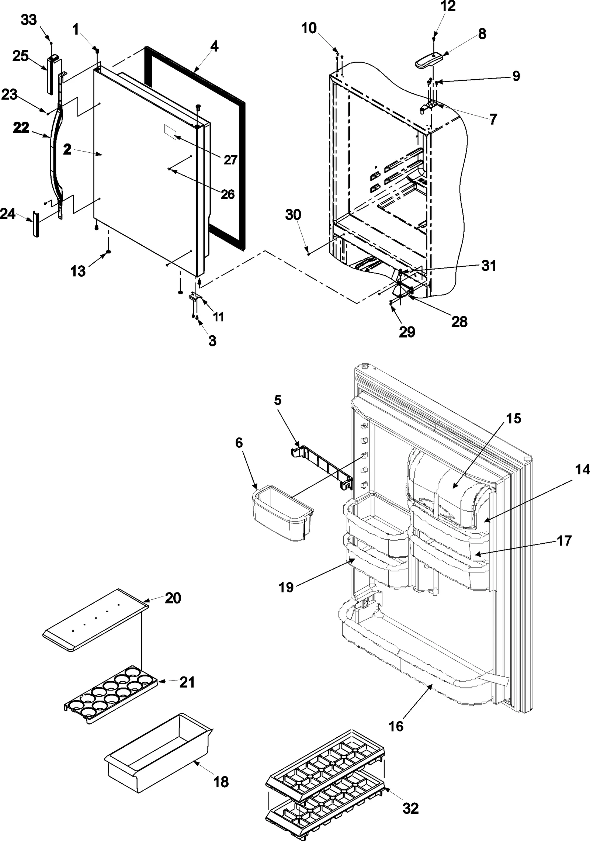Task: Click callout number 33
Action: [x=29, y=20]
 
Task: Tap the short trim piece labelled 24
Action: [x=36, y=224]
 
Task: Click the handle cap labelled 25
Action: [x=51, y=74]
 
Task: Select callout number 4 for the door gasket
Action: [x=214, y=47]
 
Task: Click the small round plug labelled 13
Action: [x=108, y=252]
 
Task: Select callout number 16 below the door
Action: [x=396, y=726]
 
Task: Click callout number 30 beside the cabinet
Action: [x=293, y=215]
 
